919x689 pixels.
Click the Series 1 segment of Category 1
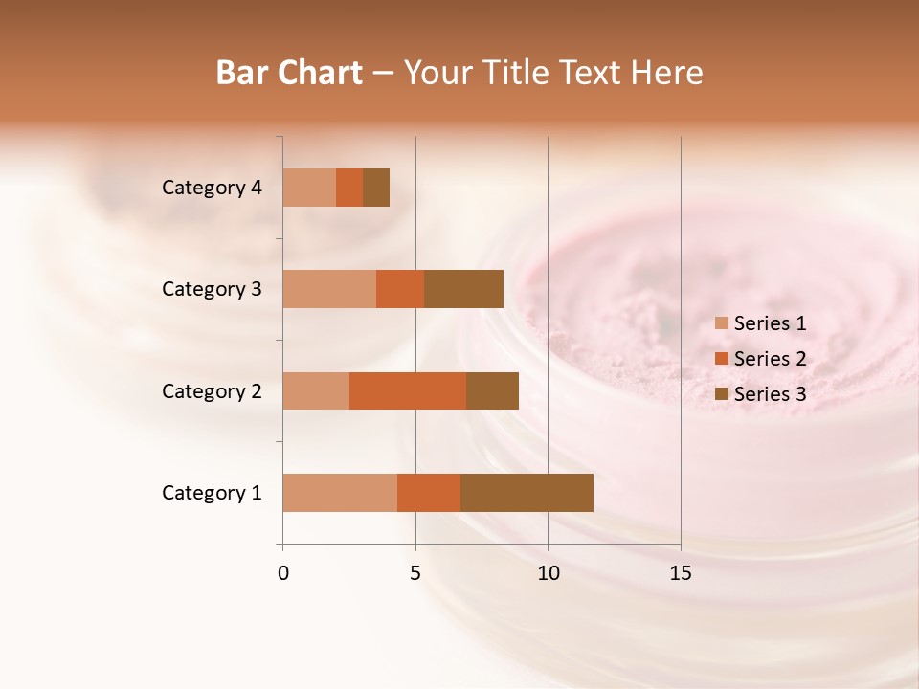[x=340, y=493]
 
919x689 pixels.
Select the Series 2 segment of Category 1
[x=429, y=493]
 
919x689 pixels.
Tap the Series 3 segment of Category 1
[x=527, y=493]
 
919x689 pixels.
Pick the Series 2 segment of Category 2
[x=408, y=390]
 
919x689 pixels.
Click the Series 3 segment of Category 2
[x=492, y=390]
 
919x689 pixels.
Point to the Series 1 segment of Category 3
[x=329, y=289]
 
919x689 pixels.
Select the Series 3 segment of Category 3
[x=463, y=289]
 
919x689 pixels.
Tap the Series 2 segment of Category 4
[x=349, y=188]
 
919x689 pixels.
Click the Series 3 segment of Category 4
[x=376, y=188]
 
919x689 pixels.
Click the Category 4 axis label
[x=212, y=188]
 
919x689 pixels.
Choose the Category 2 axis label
[x=212, y=390]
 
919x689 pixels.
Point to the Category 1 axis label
[x=212, y=493]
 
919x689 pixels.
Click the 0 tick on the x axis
[x=283, y=573]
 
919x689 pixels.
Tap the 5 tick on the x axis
[x=415, y=573]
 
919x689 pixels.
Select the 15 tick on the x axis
[x=681, y=573]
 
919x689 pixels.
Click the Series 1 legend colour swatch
[x=721, y=323]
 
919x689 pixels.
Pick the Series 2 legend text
[x=770, y=359]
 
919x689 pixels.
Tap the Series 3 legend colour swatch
[x=721, y=394]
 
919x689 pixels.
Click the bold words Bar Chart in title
[x=288, y=73]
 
